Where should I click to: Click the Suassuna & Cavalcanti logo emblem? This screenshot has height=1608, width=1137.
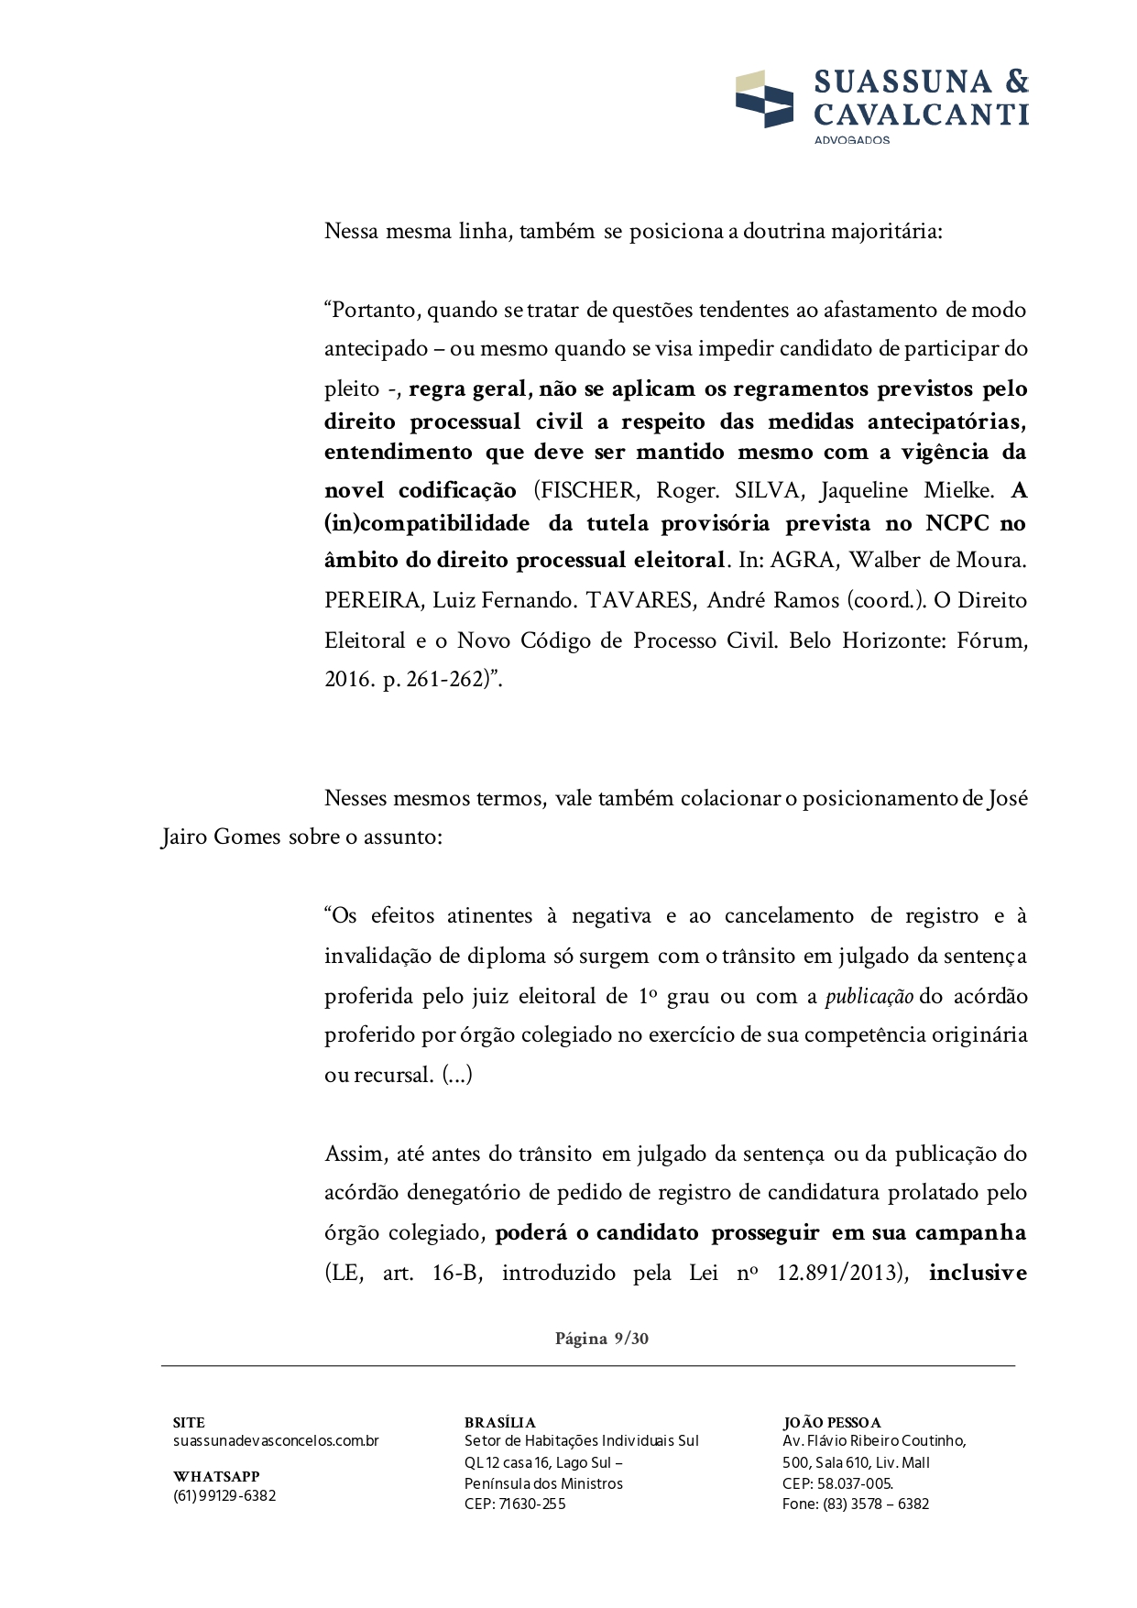pyautogui.click(x=764, y=99)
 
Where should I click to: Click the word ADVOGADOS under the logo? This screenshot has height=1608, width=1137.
pyautogui.click(x=851, y=140)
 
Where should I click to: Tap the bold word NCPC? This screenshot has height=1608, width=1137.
pyautogui.click(x=957, y=524)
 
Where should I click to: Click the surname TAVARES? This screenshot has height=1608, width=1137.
pyautogui.click(x=640, y=601)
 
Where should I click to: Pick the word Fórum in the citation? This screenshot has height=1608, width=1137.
pyautogui.click(x=991, y=641)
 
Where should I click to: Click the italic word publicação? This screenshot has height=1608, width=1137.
pyautogui.click(x=869, y=997)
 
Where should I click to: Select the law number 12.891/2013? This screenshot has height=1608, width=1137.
pyautogui.click(x=841, y=1274)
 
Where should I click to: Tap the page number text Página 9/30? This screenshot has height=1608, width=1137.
pyautogui.click(x=601, y=1339)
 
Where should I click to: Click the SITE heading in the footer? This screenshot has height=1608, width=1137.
pyautogui.click(x=189, y=1423)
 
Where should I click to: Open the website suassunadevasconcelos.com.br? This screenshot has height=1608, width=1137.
pyautogui.click(x=276, y=1441)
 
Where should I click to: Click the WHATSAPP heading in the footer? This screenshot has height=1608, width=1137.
pyautogui.click(x=216, y=1477)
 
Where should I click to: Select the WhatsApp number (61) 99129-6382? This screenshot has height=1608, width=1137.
pyautogui.click(x=224, y=1496)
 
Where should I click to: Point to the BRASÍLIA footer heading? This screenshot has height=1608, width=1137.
pyautogui.click(x=499, y=1423)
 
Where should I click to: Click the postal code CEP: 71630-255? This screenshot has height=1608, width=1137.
pyautogui.click(x=515, y=1504)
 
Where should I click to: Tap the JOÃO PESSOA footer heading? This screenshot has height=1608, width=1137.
pyautogui.click(x=831, y=1423)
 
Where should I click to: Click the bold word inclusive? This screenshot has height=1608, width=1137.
pyautogui.click(x=978, y=1274)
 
